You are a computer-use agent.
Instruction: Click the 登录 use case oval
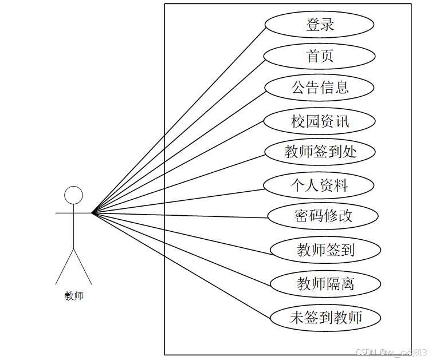pos(319,25)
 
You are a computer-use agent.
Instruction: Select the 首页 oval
pos(319,57)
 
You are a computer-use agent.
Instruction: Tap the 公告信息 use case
pos(319,88)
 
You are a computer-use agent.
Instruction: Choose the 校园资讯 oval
pos(319,121)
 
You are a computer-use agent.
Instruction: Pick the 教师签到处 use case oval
pos(320,152)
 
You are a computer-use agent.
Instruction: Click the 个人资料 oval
pos(319,185)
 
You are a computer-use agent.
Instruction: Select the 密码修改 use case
pos(323,216)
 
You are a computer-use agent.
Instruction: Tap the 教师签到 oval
pos(325,250)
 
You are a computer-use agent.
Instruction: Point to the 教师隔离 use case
pos(325,283)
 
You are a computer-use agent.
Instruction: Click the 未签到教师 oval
pos(325,317)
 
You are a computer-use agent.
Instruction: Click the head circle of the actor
pos(73,195)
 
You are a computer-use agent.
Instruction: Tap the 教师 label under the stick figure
pos(74,296)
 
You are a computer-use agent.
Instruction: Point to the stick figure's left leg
pos(64,266)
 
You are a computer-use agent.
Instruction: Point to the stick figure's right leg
pos(83,266)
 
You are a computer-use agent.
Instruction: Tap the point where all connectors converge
pos(92,213)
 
